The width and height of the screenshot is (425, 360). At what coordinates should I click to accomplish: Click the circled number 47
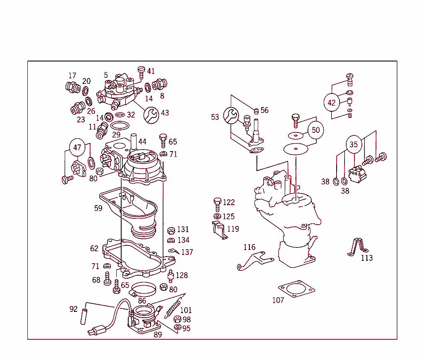click(77, 147)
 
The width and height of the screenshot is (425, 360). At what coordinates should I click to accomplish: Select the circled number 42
click(331, 103)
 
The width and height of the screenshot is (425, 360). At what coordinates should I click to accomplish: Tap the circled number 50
click(316, 130)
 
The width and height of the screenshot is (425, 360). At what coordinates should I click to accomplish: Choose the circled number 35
click(353, 144)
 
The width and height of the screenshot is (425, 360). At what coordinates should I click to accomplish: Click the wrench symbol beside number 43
click(151, 113)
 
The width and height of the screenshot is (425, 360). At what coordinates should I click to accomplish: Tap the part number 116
click(249, 247)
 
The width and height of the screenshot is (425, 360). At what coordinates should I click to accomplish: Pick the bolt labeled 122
click(217, 203)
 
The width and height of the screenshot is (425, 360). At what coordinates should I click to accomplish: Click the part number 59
click(98, 208)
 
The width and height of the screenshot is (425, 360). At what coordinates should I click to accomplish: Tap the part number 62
click(94, 249)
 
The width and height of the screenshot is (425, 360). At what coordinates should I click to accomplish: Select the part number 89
click(158, 335)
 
